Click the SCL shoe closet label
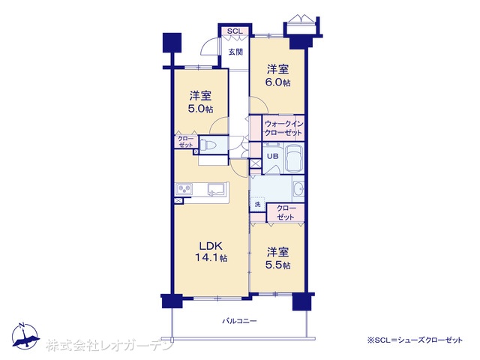click(x=235, y=31)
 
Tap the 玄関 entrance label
click(x=235, y=52)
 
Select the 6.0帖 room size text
click(x=277, y=82)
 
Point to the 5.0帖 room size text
click(x=200, y=109)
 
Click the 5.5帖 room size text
click(x=277, y=265)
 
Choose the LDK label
click(x=211, y=246)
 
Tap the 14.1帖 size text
click(x=211, y=258)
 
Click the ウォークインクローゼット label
click(x=283, y=128)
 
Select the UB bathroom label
click(x=273, y=156)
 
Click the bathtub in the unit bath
click(x=294, y=158)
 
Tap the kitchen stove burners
click(x=184, y=189)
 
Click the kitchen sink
click(x=217, y=188)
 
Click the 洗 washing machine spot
click(x=257, y=204)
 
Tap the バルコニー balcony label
click(x=239, y=321)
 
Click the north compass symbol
click(x=25, y=335)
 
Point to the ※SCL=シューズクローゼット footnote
click(x=415, y=340)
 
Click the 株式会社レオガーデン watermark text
click(x=109, y=345)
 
